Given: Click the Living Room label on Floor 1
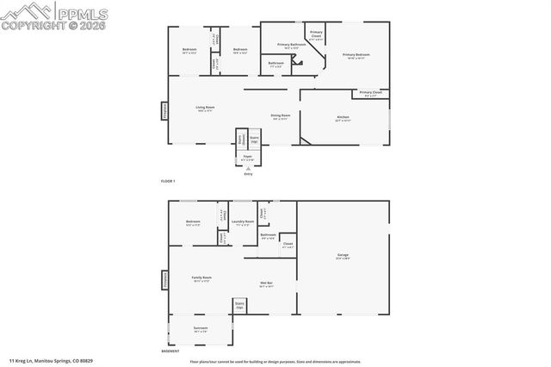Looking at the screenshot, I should coord(205,109).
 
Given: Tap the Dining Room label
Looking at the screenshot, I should coord(281,115).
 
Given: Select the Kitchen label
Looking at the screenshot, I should coord(343,119).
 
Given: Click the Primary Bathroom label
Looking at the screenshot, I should coord(292,45).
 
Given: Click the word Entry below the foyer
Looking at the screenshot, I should coord(248,174).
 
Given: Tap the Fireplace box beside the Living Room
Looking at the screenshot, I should coord(164,109).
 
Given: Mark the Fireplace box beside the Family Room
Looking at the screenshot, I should coord(164,280).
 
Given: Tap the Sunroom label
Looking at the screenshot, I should coord(200,328).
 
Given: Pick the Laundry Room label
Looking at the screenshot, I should coord(243,222).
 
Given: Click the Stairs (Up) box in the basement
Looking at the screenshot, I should coord(239,304).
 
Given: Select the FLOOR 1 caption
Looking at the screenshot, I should coord(168,181).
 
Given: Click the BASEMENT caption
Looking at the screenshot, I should coord(170,351).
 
